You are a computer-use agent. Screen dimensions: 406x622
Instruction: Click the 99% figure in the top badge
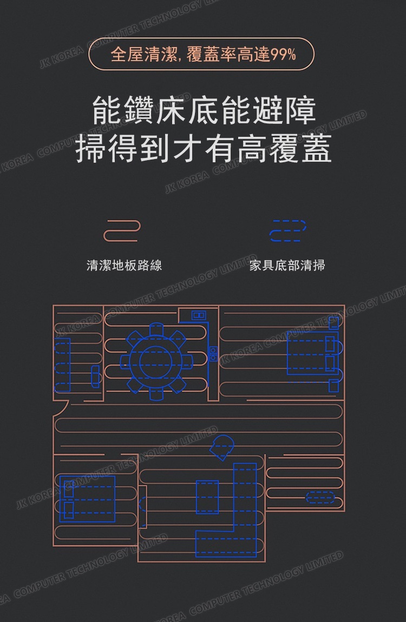pos(283,55)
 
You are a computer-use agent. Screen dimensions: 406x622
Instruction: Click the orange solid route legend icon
pos(122,231)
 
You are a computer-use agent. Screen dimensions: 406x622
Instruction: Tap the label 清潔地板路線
pos(124,265)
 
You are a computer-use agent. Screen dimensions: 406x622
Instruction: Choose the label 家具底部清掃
pos(287,265)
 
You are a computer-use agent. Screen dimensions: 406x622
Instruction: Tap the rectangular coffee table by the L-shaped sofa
pos(207,497)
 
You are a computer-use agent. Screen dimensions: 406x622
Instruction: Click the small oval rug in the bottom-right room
pos(320,497)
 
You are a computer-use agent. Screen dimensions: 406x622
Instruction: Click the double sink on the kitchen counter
pos(199,315)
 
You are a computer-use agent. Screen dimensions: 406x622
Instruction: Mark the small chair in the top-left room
pos(96,375)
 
